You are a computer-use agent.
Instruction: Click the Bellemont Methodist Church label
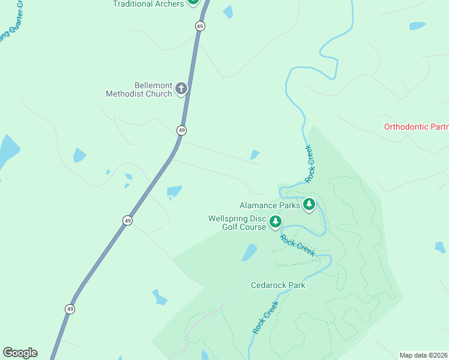139,89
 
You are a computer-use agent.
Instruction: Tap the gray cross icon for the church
181,89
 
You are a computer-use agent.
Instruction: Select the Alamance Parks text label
270,205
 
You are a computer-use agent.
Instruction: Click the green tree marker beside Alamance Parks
309,205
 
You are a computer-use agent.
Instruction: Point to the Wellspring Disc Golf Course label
237,223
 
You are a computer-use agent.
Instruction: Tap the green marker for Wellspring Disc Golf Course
276,222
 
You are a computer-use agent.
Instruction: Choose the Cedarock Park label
278,285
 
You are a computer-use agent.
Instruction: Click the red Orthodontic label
416,127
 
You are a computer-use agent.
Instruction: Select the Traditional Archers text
148,4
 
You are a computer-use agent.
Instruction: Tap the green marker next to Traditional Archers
193,2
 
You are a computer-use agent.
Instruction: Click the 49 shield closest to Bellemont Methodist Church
181,130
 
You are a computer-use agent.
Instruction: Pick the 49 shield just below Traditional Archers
200,26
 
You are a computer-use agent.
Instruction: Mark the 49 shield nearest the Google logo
70,308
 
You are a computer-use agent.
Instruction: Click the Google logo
20,353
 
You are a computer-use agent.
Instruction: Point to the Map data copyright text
424,355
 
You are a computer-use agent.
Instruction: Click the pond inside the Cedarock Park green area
250,253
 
